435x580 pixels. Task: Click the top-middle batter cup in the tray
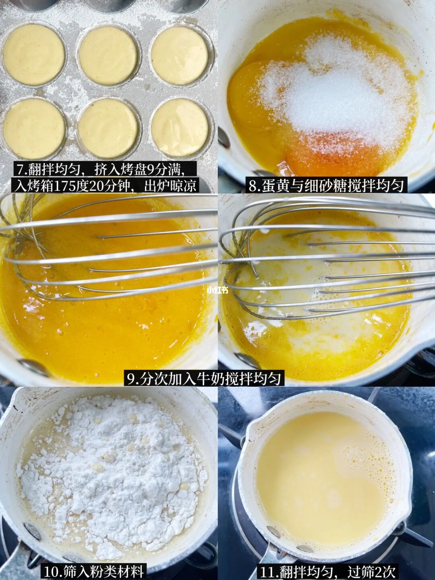point(108,55)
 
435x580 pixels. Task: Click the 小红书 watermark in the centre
point(217,291)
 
